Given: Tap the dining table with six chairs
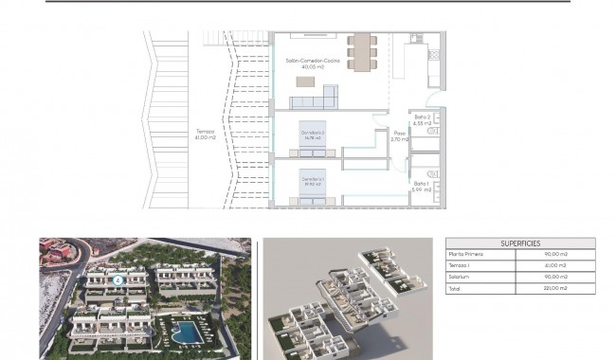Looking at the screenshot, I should click(361, 52).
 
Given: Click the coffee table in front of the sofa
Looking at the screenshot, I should click(303, 82).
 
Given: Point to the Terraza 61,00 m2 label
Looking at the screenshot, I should click(205, 135).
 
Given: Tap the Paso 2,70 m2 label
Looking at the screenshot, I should click(399, 136).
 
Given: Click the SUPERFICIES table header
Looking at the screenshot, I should click(519, 243).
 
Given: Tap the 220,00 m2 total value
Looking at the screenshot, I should click(556, 288).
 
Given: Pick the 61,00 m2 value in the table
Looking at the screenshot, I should click(556, 265).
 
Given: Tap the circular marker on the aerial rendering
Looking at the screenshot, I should click(117, 279).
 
